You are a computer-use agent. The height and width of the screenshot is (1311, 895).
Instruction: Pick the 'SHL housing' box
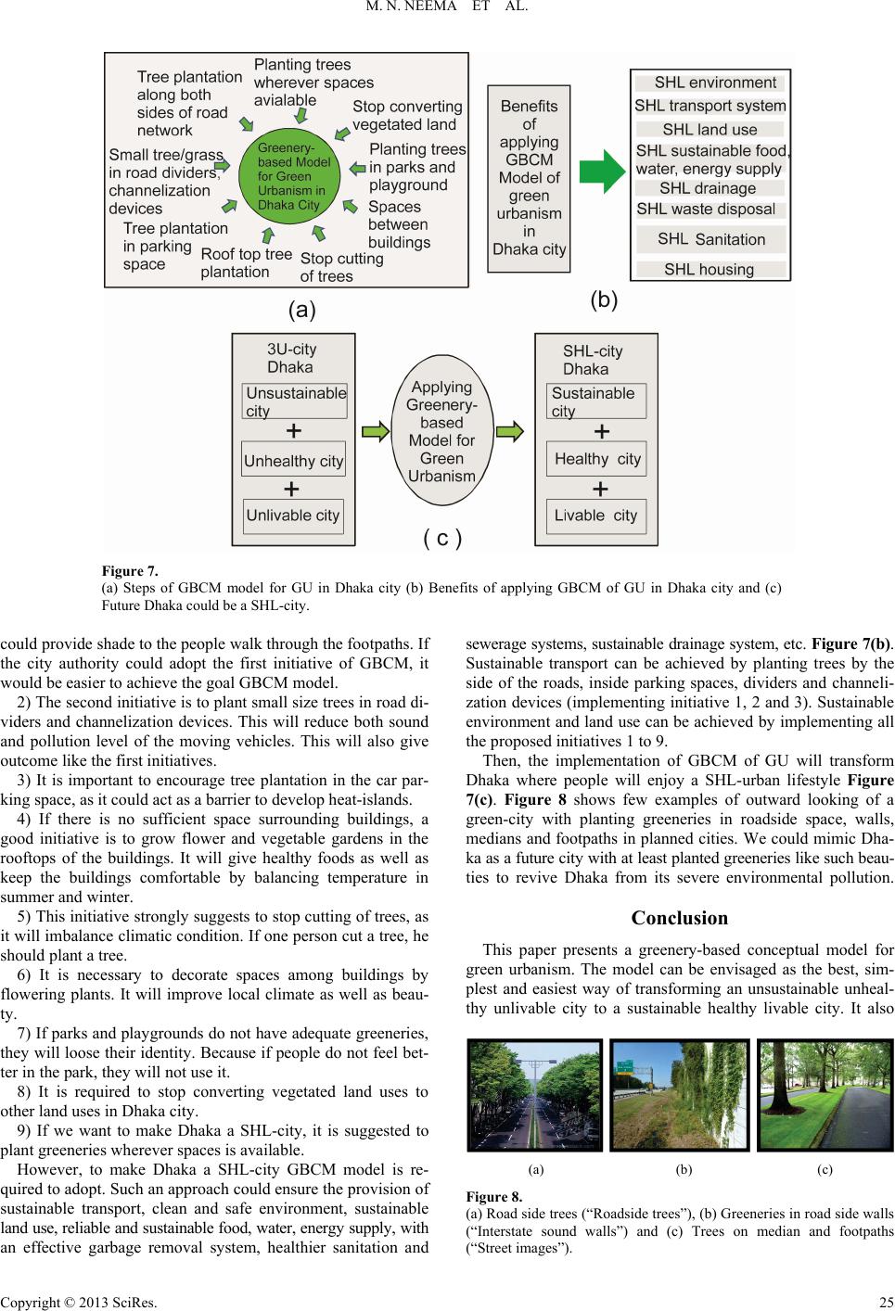709,270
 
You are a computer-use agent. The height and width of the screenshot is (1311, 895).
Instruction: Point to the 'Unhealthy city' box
293,461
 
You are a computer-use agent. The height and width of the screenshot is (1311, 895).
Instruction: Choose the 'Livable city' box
596,515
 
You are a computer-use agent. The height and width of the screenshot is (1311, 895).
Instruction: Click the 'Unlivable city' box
293,515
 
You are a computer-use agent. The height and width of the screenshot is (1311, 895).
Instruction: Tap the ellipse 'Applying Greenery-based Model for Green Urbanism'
442,431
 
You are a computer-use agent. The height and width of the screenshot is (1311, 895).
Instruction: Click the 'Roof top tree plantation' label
246,263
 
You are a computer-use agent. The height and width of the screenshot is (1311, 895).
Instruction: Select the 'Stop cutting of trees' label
341,267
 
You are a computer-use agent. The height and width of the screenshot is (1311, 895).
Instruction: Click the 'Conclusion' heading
679,918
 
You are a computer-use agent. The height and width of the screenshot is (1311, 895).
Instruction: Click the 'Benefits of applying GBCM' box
529,178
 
